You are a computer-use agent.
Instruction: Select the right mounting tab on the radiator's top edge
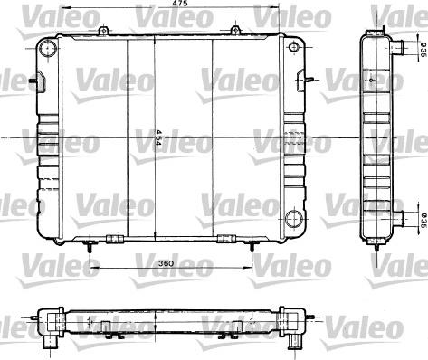234,32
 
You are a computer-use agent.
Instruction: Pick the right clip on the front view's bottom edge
226,240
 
